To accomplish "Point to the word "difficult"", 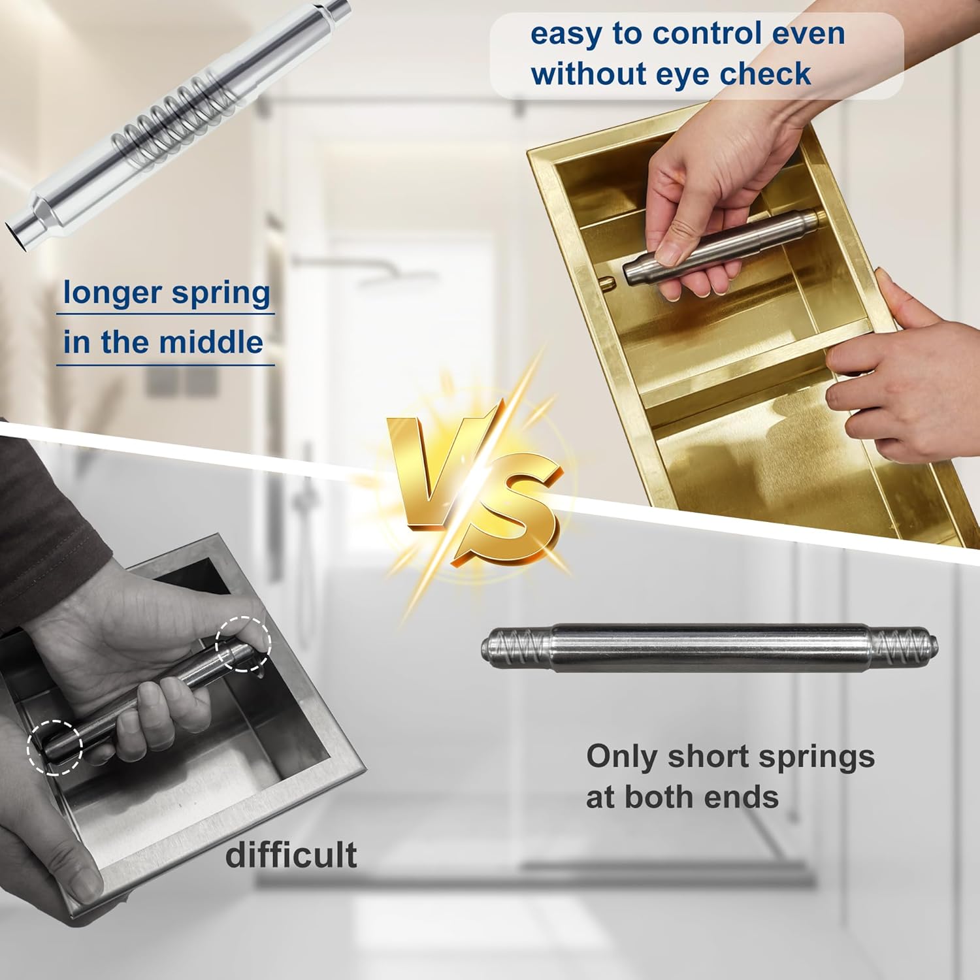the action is (291, 854).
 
